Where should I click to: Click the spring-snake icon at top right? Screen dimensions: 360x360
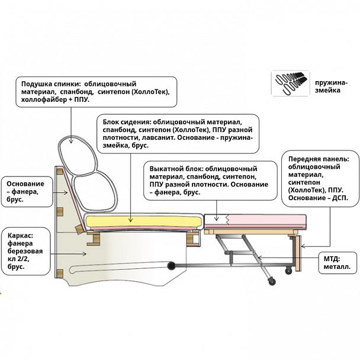pos(290,83)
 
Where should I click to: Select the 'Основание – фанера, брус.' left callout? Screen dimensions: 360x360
pos(25,191)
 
